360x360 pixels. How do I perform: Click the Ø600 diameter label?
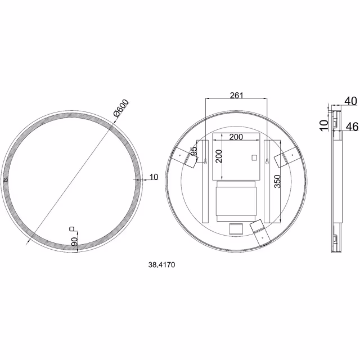pyautogui.click(x=121, y=108)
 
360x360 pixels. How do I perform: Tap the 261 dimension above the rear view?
pyautogui.click(x=237, y=95)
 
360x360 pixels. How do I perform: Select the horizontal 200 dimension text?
pyautogui.click(x=237, y=137)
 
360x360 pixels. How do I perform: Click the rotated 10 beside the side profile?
pyautogui.click(x=323, y=124)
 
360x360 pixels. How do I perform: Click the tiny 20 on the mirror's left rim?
pyautogui.click(x=6, y=180)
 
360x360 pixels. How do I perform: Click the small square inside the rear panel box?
pyautogui.click(x=253, y=157)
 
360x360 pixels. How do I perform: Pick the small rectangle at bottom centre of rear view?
pyautogui.click(x=236, y=228)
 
